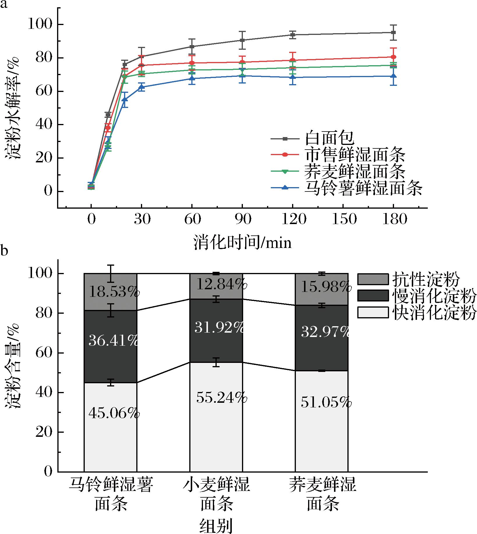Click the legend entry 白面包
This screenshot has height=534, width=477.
click(x=329, y=139)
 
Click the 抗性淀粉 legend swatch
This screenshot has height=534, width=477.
click(x=373, y=279)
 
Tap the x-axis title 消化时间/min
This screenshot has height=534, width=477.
click(x=242, y=242)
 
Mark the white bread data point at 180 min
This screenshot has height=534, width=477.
click(x=393, y=32)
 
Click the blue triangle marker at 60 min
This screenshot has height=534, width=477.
click(x=192, y=78)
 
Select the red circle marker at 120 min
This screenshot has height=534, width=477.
click(x=293, y=60)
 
